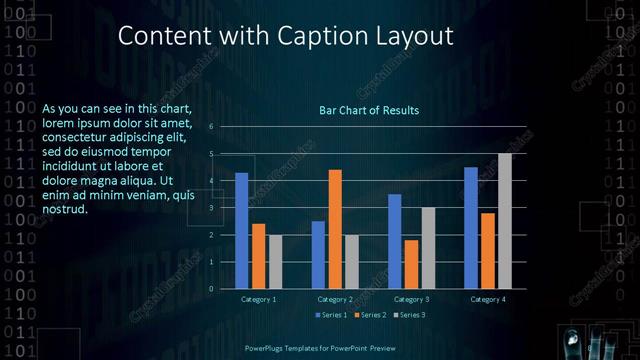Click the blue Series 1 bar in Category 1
(241, 230)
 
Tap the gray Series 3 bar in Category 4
(505, 221)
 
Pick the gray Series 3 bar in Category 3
(428, 248)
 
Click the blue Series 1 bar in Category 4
(471, 228)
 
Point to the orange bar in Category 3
(411, 264)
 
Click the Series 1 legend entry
(333, 315)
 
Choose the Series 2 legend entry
(369, 315)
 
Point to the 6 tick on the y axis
(211, 127)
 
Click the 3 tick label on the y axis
(211, 208)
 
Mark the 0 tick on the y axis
(211, 289)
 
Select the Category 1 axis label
(258, 299)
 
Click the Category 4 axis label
(488, 299)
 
